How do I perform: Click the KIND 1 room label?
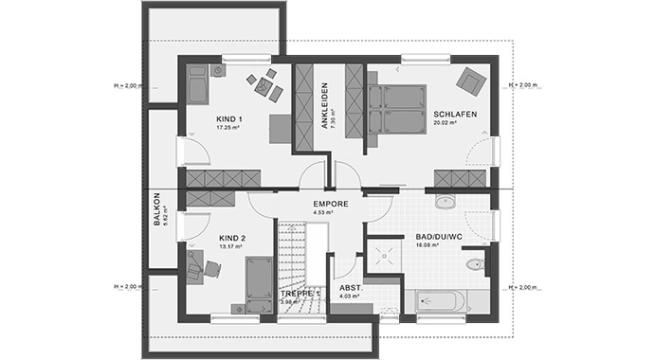coord(227,117)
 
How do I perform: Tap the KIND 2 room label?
coord(232,238)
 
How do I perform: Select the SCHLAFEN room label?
coord(454,114)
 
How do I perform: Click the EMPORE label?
coord(332,204)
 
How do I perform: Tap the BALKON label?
coord(157,209)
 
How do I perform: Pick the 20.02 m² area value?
coord(445,123)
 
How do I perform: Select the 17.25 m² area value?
coord(227,126)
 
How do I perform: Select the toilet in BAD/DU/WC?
coord(475,264)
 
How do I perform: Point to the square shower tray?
coord(385,251)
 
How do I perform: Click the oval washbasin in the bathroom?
coord(445,201)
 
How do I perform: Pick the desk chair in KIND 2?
coord(211,269)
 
